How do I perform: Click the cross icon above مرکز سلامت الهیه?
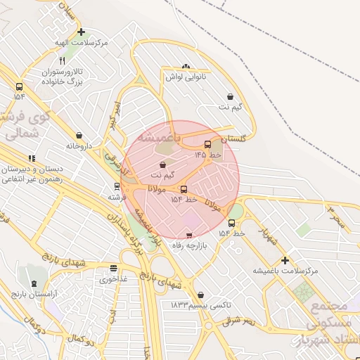82,32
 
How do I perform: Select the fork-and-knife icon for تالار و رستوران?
63,61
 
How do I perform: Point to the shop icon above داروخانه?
79,135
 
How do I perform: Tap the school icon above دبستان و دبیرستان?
31,159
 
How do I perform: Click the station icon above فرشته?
117,187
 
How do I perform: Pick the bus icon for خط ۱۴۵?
207,144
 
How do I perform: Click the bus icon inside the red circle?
184,189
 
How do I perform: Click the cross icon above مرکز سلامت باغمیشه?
285,260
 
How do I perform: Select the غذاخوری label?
114,278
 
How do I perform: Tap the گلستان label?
234,139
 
